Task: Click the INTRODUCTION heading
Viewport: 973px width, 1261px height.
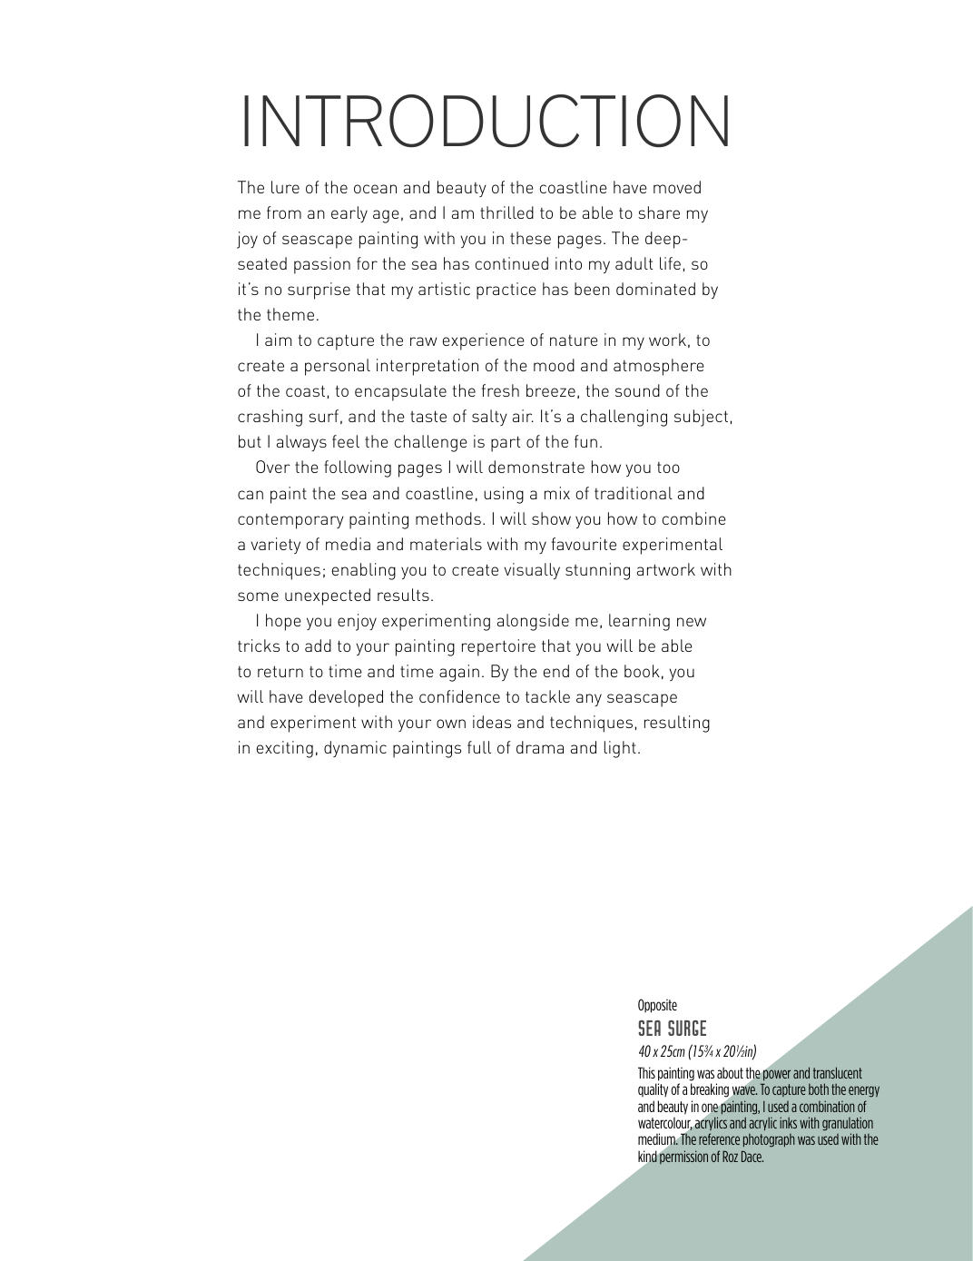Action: click(486, 121)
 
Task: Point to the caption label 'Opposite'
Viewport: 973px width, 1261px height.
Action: click(657, 1005)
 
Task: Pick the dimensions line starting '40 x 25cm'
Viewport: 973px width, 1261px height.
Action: click(696, 1051)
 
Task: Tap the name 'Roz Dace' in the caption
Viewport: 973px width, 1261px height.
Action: click(743, 1157)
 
